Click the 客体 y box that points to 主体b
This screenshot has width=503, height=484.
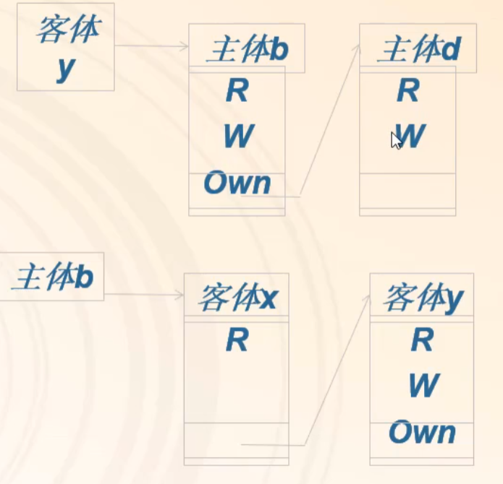(65, 47)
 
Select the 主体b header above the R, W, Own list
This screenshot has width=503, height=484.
(246, 49)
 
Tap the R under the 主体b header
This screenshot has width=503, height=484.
(237, 91)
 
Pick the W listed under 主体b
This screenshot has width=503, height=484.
(237, 136)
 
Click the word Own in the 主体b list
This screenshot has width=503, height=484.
(237, 183)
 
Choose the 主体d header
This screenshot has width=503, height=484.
(418, 49)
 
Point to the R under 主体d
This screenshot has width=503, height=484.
(408, 91)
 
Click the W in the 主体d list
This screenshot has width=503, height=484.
(410, 136)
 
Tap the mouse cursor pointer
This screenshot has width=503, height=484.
(395, 139)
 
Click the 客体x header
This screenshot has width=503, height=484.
(237, 297)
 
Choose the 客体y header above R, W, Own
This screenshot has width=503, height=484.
(422, 297)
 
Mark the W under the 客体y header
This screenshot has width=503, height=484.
(423, 386)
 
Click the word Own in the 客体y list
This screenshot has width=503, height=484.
(422, 433)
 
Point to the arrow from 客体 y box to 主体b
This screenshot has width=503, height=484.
(151, 46)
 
